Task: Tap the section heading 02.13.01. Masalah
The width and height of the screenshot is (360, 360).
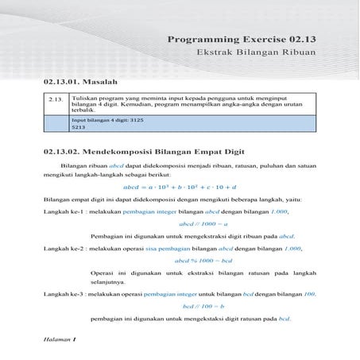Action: [x=80, y=82]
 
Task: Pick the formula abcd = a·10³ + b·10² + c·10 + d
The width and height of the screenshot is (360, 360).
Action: [x=180, y=185]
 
